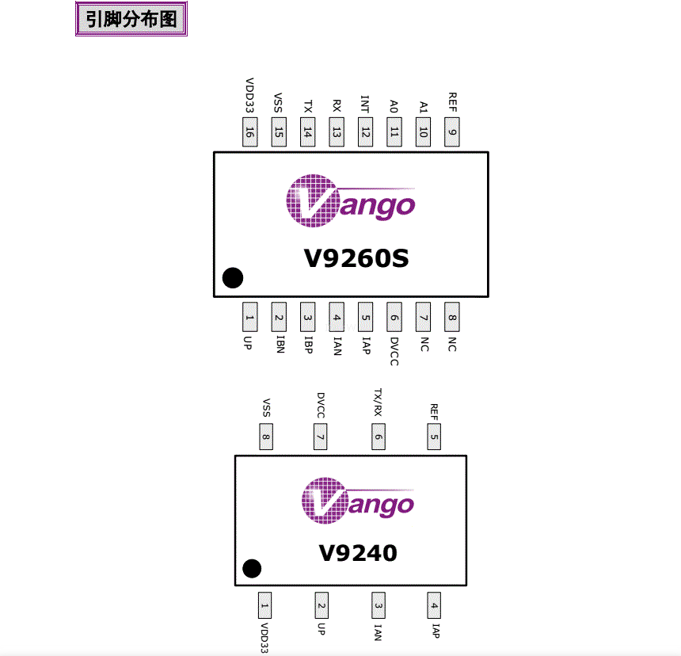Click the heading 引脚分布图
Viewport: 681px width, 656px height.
[131, 19]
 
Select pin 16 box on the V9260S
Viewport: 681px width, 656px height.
[249, 132]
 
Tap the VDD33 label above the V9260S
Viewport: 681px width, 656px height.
[249, 96]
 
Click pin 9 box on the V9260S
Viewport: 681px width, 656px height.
[452, 132]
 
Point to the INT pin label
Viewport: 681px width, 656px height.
[365, 105]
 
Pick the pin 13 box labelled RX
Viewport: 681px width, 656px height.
[337, 132]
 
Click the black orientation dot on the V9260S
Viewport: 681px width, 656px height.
[233, 277]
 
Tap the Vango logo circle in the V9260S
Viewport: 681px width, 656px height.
[310, 201]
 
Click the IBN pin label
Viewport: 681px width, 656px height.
[279, 345]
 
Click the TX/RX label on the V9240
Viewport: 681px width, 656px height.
[379, 403]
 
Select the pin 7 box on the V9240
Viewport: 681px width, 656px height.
[320, 436]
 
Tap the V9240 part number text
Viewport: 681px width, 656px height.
[358, 552]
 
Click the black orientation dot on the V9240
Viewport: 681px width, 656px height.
[252, 568]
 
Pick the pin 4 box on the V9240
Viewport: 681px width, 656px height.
[434, 606]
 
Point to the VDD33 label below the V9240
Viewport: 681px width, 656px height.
[264, 638]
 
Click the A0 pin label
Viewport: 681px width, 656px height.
[394, 106]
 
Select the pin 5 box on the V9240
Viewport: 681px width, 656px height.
[434, 436]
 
